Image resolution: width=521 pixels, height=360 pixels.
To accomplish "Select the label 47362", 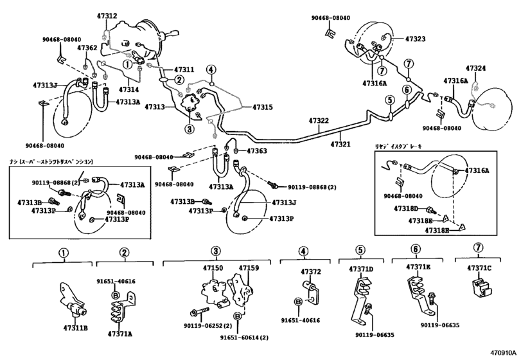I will click(87, 48).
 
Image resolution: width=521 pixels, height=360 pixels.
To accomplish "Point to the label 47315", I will click(262, 107).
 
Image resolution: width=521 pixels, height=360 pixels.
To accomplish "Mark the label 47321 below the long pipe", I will click(340, 145).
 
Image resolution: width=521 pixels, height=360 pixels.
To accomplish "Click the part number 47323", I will click(415, 39).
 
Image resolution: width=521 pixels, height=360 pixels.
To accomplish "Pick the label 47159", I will click(249, 267).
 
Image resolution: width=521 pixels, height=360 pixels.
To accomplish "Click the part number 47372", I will click(312, 272).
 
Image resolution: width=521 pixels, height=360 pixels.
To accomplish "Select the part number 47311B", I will click(75, 328).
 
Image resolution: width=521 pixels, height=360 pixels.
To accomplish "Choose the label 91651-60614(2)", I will click(244, 337).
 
